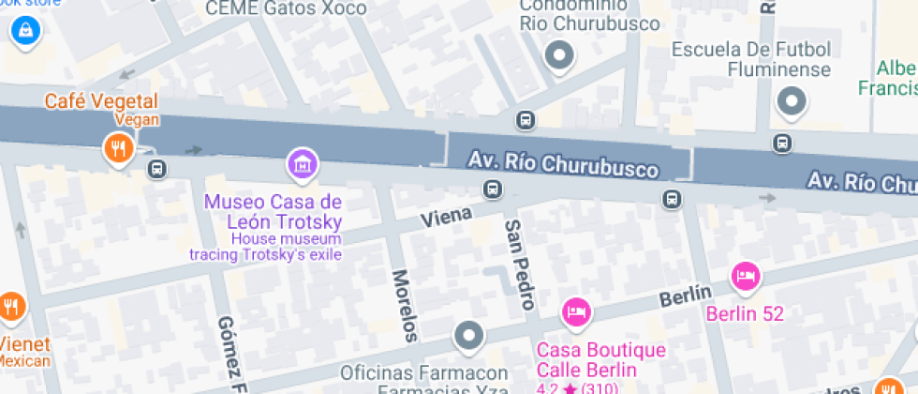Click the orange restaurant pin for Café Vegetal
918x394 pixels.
coord(117,148)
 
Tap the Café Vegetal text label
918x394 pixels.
coord(104,101)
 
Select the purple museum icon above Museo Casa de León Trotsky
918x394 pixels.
coord(303,165)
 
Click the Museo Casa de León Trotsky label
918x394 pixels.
coord(273,212)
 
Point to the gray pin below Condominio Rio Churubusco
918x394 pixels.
coord(560,56)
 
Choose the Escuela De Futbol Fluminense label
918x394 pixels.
coord(764,59)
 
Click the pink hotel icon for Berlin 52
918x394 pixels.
coord(746,276)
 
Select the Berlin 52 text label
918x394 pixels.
coord(745,313)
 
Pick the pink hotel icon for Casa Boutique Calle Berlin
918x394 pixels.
coord(575,311)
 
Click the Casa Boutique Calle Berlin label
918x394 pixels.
coord(600,359)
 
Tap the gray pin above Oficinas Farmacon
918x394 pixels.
coord(467,335)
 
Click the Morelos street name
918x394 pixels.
coord(404,306)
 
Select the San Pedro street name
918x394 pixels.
coord(519,265)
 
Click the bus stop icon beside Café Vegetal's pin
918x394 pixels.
coord(156,169)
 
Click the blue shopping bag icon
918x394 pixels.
coord(23,30)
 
